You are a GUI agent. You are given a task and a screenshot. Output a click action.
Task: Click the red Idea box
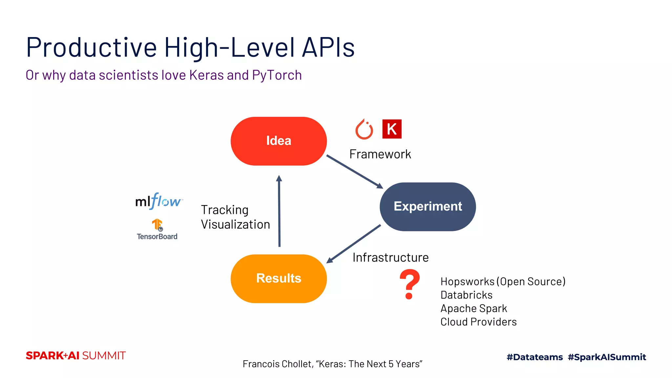pyautogui.click(x=279, y=141)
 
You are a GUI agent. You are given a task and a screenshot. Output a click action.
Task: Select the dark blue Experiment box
pyautogui.click(x=428, y=207)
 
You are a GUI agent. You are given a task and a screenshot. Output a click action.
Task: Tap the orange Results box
pyautogui.click(x=279, y=279)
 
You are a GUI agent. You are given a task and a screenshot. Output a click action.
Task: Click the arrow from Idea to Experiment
pyautogui.click(x=354, y=172)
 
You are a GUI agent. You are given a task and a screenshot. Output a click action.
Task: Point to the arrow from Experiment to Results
pyautogui.click(x=354, y=244)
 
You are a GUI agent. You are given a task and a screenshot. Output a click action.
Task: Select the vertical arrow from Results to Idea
pyautogui.click(x=279, y=212)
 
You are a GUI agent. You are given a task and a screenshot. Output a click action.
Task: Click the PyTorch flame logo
pyautogui.click(x=364, y=129)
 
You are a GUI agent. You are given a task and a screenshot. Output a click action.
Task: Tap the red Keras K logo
pyautogui.click(x=392, y=129)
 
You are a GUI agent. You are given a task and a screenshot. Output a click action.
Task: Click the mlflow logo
pyautogui.click(x=158, y=201)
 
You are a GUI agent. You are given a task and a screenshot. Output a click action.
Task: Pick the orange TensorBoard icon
pyautogui.click(x=157, y=225)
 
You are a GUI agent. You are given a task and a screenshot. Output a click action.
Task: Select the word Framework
pyautogui.click(x=380, y=154)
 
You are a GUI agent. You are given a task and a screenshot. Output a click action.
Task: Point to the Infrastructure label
pyautogui.click(x=390, y=258)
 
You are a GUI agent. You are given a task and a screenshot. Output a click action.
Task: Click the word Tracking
pyautogui.click(x=225, y=210)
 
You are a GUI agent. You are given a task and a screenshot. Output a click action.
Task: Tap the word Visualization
pyautogui.click(x=235, y=225)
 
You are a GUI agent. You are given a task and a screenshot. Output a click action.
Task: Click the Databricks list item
pyautogui.click(x=466, y=295)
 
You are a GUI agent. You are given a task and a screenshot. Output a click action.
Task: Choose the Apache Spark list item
pyautogui.click(x=473, y=308)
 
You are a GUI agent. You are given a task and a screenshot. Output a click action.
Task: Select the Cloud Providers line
pyautogui.click(x=478, y=322)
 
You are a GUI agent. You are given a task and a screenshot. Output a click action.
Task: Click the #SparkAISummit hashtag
pyautogui.click(x=607, y=357)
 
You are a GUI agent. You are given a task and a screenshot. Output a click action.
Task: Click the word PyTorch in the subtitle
pyautogui.click(x=277, y=75)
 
